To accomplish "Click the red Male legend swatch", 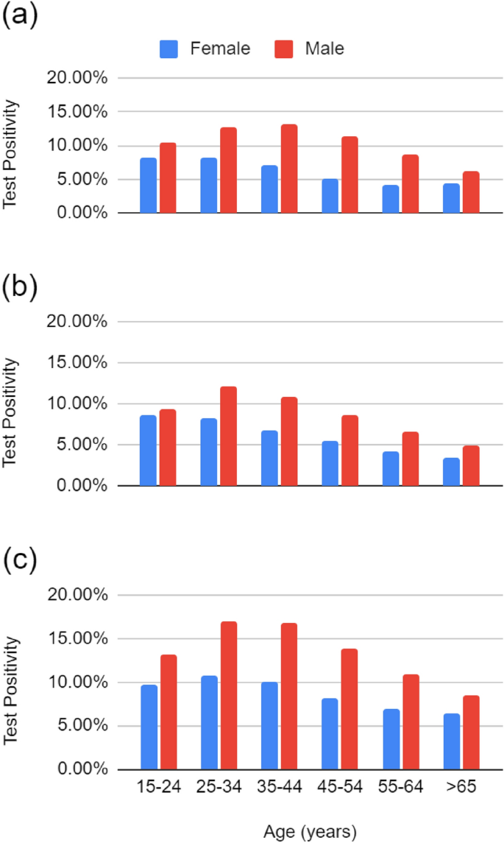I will coord(285,49).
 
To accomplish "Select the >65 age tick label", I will coord(460,788).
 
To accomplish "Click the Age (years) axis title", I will coord(310,832).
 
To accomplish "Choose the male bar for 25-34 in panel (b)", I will coord(229,436).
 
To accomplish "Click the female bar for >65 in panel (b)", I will coord(451,472).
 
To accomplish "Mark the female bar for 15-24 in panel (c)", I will coord(149,727).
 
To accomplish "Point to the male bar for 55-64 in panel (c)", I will coord(411,722).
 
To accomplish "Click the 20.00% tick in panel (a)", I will coord(77,78).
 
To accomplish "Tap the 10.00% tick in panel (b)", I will coord(77,404).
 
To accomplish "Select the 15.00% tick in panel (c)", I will coord(77,639).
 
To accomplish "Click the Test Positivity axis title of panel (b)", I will coord(10,413).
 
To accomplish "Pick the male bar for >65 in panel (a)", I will coord(471,193).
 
